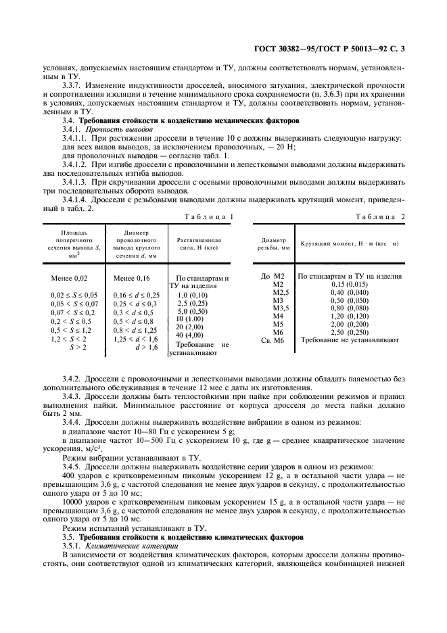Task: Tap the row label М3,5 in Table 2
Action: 280,308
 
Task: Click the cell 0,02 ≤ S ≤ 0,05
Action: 74,296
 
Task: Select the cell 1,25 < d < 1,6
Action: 135,338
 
